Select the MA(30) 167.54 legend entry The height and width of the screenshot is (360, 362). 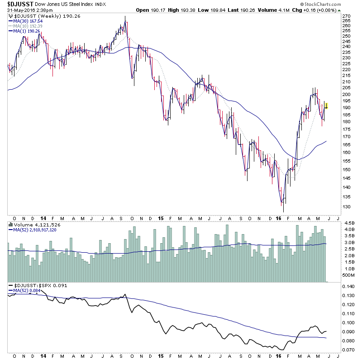[x=29, y=20]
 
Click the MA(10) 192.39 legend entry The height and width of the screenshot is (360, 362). [x=29, y=26]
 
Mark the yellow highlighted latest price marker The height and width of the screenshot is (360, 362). [x=326, y=106]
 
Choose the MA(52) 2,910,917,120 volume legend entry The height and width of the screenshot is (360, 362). [x=35, y=230]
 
